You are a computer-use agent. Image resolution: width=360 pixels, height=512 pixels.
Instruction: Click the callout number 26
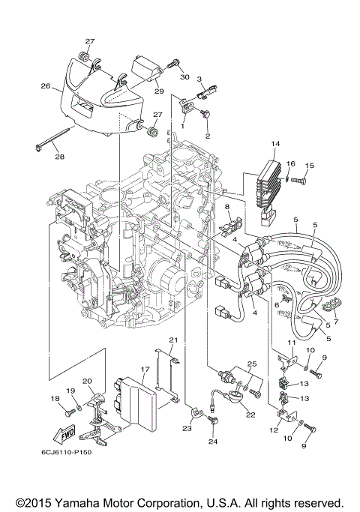tap(45, 86)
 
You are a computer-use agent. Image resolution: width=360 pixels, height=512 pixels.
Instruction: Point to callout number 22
tap(250, 415)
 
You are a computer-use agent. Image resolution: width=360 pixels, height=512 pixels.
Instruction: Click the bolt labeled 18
tap(67, 411)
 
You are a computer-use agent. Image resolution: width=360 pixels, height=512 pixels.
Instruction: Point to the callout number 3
tap(200, 79)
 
